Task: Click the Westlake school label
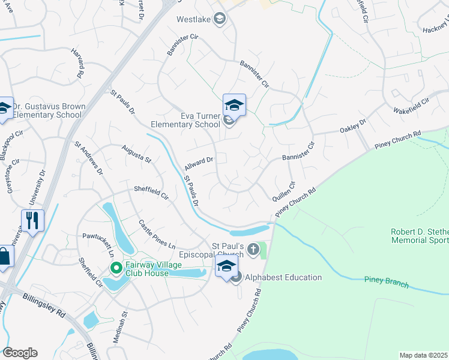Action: [193, 19]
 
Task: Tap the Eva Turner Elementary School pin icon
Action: [234, 106]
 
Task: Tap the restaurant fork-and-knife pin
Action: [32, 220]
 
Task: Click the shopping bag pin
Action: [4, 257]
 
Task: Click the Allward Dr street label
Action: [199, 161]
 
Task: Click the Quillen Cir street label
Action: [285, 194]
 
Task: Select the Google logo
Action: [20, 353]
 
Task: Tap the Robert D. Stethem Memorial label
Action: [419, 236]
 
